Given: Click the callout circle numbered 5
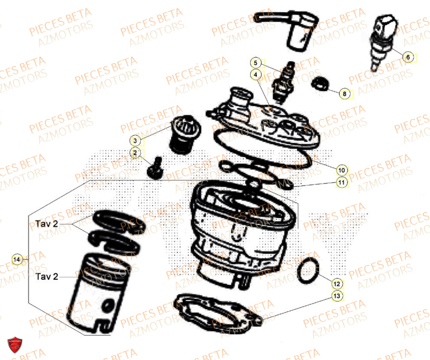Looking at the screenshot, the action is (255, 63).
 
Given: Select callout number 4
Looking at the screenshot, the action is (255, 74).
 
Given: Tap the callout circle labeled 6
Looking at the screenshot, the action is (408, 57).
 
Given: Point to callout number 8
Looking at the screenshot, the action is (345, 94).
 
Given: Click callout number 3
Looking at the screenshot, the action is (135, 141).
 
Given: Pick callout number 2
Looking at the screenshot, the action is (135, 153).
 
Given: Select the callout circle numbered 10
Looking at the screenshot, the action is (342, 170).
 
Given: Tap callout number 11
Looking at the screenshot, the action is (342, 183).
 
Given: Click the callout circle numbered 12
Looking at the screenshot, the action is (337, 284).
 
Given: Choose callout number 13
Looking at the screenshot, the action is (337, 296).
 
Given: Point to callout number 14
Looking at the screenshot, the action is (17, 259).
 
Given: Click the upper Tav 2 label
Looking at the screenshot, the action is (46, 224).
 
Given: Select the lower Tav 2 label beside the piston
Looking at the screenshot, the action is (46, 277).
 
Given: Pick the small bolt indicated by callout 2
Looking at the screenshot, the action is (155, 168).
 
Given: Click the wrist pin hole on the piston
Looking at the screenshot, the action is (108, 306).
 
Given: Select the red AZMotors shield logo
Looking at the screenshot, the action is (15, 345).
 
